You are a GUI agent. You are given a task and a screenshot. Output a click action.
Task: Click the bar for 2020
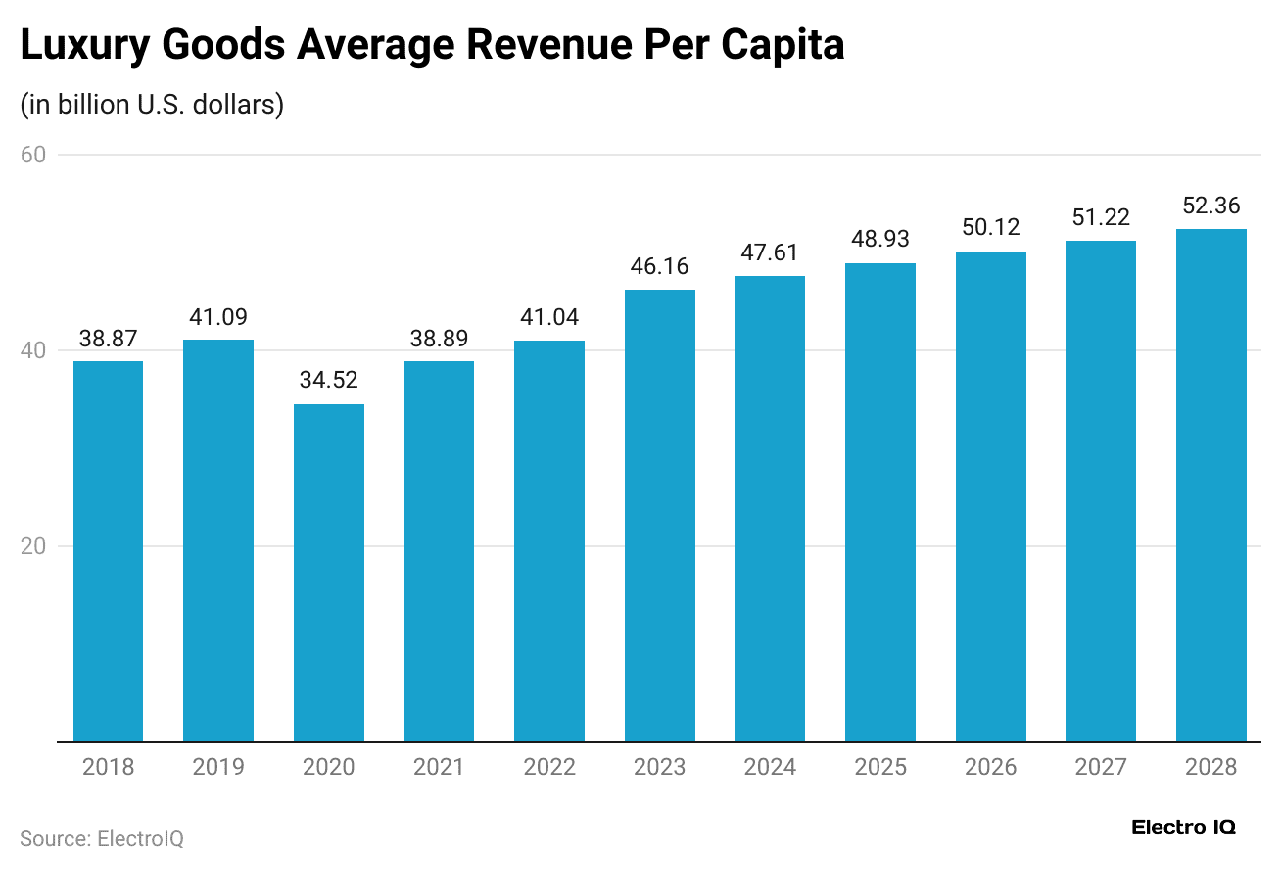point(329,573)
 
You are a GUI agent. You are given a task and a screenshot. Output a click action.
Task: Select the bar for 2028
point(1210,484)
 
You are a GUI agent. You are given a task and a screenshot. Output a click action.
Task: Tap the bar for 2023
point(659,515)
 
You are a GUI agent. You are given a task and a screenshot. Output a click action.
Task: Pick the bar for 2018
point(109,551)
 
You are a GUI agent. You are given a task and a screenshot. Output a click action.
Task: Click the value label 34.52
point(329,380)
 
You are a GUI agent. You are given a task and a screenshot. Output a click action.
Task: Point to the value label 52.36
point(1210,206)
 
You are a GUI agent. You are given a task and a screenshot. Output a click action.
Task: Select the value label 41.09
point(218,317)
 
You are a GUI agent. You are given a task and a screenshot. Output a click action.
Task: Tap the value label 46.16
point(659,266)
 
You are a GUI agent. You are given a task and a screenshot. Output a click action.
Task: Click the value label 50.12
point(990,228)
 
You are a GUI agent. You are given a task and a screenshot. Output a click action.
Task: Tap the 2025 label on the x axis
point(880,767)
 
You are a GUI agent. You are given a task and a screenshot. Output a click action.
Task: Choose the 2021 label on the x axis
point(439,767)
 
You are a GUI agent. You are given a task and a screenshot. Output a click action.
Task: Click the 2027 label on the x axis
point(1101,767)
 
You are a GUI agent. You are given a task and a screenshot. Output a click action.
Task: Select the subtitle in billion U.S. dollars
point(152,104)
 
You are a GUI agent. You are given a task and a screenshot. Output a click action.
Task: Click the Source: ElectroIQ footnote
point(102,839)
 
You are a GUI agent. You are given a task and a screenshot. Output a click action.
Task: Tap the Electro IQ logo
point(1183,828)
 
